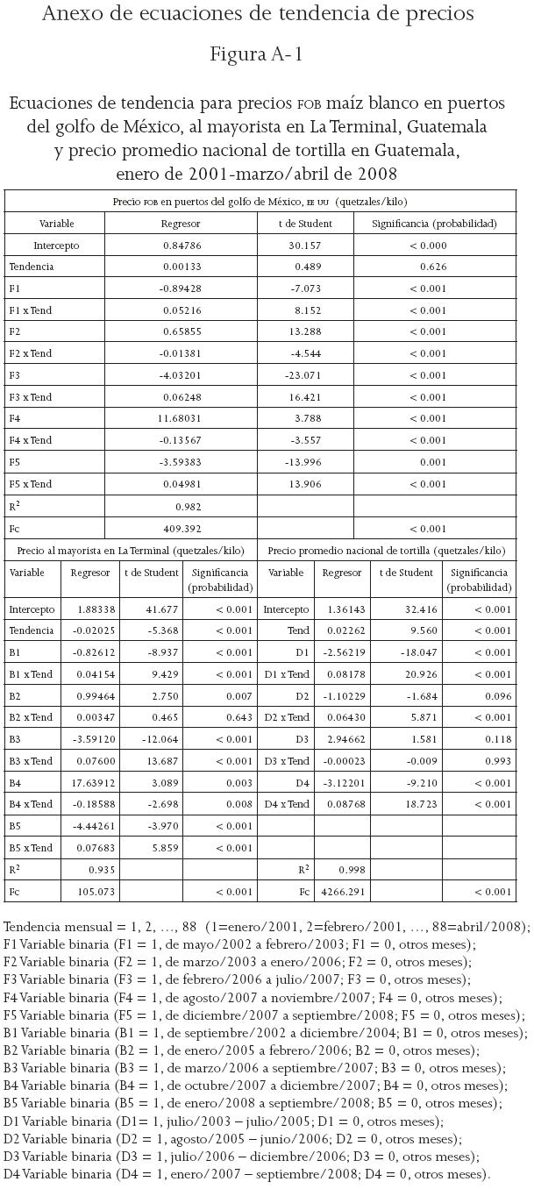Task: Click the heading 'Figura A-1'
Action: point(257,54)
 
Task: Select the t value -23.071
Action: point(303,375)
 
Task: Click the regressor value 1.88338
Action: point(89,609)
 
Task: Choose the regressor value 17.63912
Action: point(89,782)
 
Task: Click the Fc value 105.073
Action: point(89,892)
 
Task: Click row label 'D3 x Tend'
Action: point(287,760)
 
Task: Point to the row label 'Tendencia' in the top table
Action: point(32,267)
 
